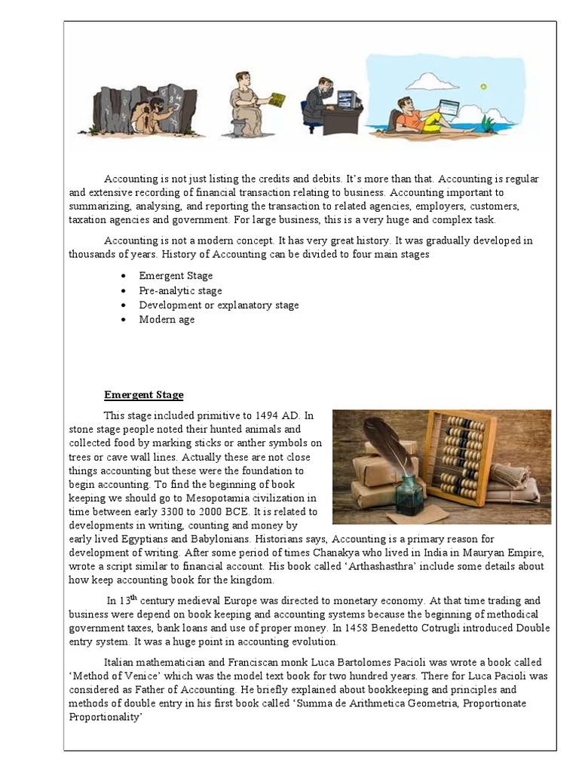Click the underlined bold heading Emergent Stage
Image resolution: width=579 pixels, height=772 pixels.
[143, 395]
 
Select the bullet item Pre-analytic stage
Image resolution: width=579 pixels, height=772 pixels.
[180, 290]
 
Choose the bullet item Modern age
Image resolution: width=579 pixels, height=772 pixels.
[167, 319]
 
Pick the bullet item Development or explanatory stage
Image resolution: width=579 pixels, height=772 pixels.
[219, 305]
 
